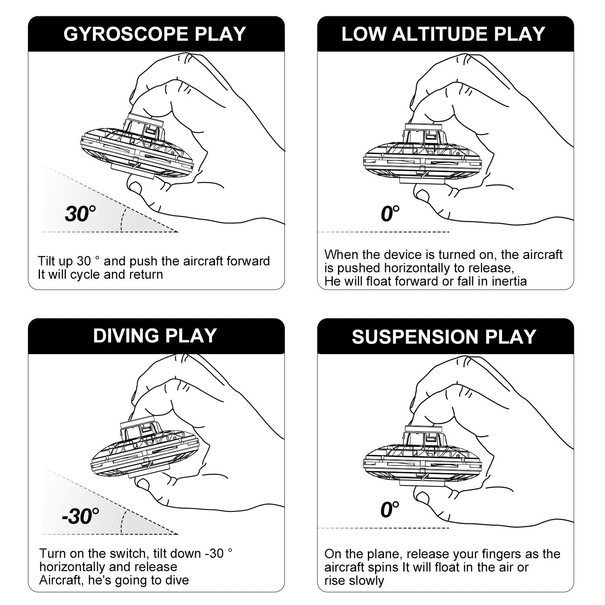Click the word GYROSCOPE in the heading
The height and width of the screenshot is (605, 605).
point(126,34)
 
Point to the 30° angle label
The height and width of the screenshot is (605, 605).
point(81,213)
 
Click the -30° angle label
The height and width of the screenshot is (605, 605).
point(80,516)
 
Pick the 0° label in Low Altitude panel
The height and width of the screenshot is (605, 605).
point(390,213)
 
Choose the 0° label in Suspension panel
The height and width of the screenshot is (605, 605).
point(390,510)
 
